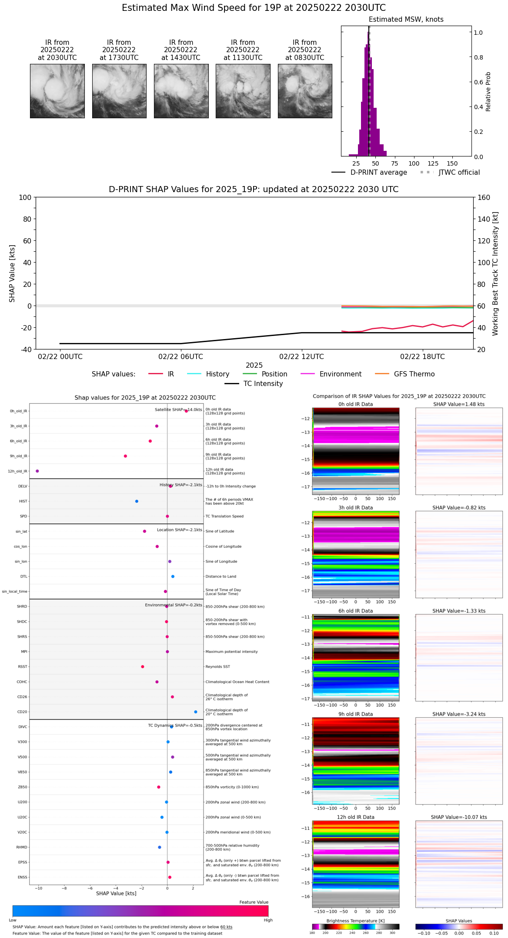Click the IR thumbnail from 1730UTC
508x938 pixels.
click(x=119, y=91)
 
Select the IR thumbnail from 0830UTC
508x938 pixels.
click(x=305, y=91)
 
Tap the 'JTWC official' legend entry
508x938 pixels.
click(x=459, y=173)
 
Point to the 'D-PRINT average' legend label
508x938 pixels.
click(x=378, y=173)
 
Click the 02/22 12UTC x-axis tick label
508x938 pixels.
click(x=301, y=357)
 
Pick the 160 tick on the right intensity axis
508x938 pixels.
click(x=484, y=198)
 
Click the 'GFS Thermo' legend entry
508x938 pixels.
click(x=414, y=374)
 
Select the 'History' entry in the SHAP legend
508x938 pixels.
click(x=217, y=374)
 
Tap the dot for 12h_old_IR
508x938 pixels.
click(x=37, y=471)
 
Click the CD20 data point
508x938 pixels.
click(x=196, y=712)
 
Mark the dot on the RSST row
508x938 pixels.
click(x=143, y=667)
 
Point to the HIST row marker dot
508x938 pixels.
click(x=137, y=501)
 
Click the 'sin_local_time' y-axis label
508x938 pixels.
click(x=15, y=592)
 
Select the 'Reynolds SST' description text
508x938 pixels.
click(x=217, y=667)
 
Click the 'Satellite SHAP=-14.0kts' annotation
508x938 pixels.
click(x=178, y=410)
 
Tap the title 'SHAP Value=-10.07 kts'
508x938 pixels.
click(x=459, y=817)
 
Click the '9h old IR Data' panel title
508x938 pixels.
click(x=355, y=714)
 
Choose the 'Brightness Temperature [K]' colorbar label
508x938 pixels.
click(x=355, y=921)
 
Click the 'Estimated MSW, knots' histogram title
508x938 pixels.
click(x=406, y=20)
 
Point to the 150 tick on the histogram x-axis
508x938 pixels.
click(x=452, y=164)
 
